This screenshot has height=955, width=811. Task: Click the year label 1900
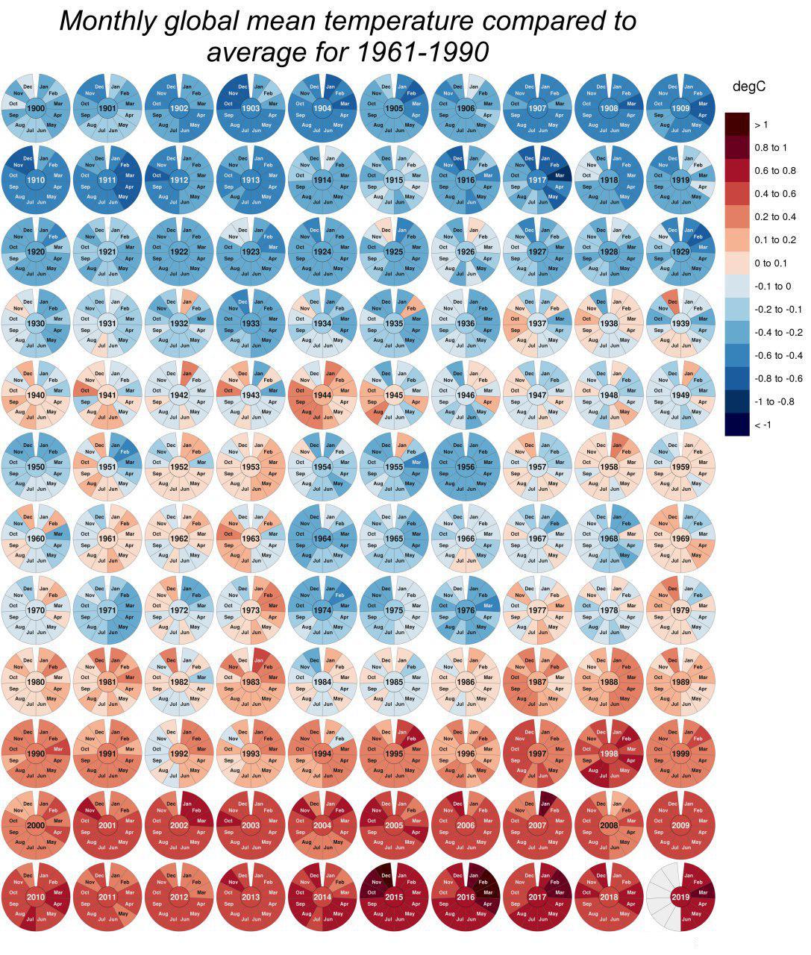click(36, 109)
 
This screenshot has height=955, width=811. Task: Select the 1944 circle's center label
click(322, 395)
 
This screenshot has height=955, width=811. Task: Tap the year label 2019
click(680, 897)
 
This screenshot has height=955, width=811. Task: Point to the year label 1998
click(609, 754)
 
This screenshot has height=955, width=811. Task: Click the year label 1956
click(466, 467)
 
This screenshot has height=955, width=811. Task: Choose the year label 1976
click(466, 610)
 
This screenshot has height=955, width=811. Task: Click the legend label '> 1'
click(761, 125)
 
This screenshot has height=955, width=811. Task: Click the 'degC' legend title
click(749, 87)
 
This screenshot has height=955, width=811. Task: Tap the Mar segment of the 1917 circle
click(557, 176)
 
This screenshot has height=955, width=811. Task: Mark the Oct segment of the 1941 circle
click(84, 390)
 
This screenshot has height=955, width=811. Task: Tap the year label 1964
click(322, 539)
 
